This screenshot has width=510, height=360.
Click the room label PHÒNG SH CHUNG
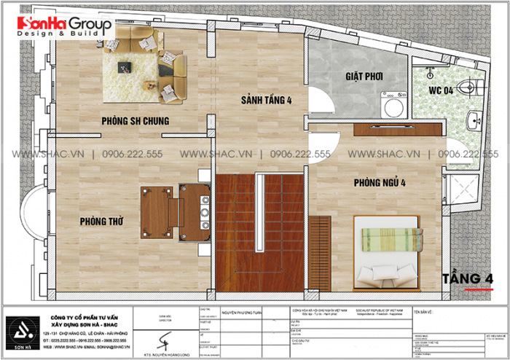tap(136, 120)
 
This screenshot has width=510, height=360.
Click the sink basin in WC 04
tap(474, 121)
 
